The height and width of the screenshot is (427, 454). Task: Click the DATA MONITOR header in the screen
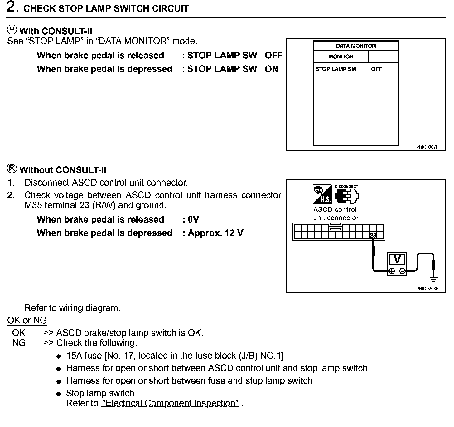point(356,46)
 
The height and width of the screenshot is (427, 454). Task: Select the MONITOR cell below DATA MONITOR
point(341,56)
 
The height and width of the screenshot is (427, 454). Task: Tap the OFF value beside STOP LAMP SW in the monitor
point(376,69)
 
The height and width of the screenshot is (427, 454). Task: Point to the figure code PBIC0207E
point(427,147)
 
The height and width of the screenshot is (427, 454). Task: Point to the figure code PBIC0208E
point(427,289)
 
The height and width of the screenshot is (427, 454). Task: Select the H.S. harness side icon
point(322,194)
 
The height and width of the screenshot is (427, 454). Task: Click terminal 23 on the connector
point(373,235)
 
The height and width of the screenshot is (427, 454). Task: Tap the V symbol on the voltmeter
point(397,259)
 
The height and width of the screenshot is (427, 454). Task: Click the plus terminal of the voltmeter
point(392,271)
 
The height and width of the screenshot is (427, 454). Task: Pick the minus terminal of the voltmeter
point(403,271)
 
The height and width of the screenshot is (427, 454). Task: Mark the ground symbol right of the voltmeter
point(433,279)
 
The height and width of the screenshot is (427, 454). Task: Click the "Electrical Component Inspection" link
point(170,403)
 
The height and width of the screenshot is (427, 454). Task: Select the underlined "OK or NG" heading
point(27,320)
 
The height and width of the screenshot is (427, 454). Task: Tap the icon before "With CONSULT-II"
point(12,30)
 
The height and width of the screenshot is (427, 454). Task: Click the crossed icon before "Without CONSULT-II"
point(12,169)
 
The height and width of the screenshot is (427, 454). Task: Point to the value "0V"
point(193,220)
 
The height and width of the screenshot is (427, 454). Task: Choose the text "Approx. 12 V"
point(215,233)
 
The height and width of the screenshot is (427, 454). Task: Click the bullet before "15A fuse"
point(59,356)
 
